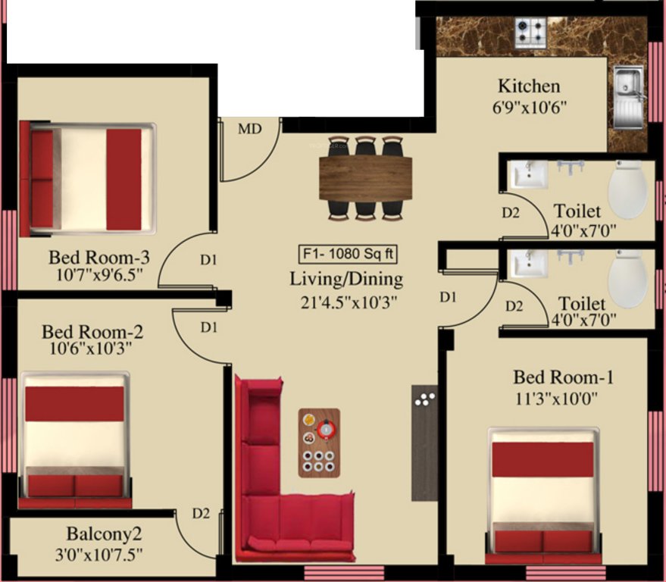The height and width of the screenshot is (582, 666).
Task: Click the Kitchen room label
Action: click(529, 86)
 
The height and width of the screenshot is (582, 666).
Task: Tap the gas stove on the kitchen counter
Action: click(531, 31)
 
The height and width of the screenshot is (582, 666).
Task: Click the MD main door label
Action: click(249, 129)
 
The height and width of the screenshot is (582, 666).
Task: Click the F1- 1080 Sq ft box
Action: click(346, 253)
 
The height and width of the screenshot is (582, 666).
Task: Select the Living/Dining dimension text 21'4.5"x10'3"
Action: click(346, 302)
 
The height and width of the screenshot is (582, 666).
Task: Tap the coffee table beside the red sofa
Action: click(319, 443)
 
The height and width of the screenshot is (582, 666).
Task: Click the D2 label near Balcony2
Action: click(200, 514)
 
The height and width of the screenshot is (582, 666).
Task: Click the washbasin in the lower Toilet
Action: click(528, 263)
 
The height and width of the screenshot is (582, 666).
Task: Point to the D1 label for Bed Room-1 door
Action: click(448, 298)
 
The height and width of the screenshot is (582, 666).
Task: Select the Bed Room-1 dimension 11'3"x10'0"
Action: click(562, 399)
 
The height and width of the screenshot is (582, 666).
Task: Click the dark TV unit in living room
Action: click(424, 443)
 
